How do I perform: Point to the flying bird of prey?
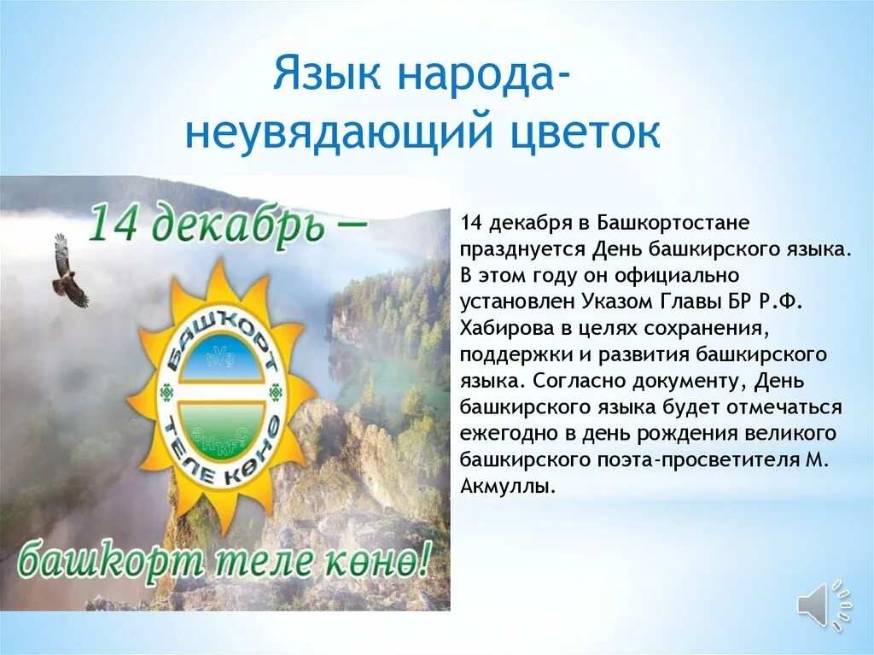[68, 271]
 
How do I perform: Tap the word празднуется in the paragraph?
[521, 249]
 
